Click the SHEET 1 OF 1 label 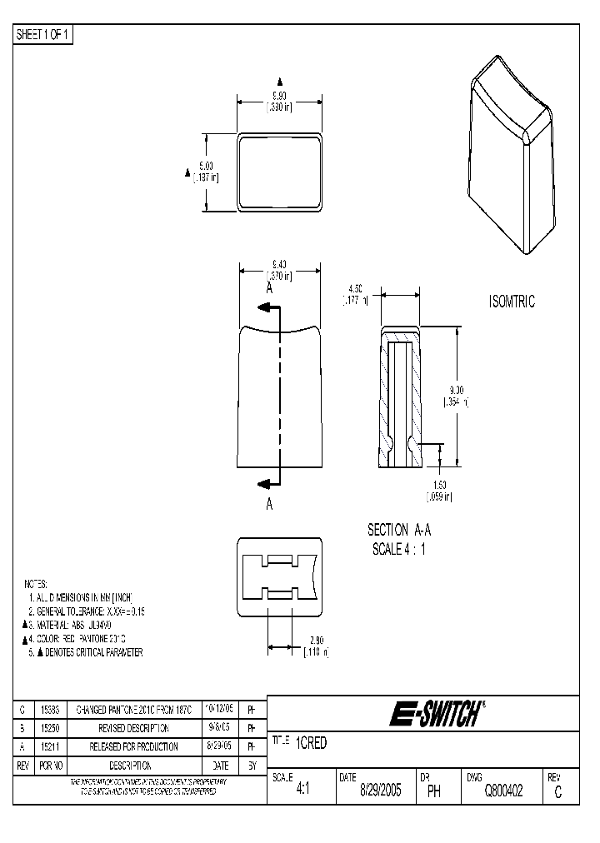pos(44,35)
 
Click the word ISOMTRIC pos(512,302)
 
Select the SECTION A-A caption pos(398,530)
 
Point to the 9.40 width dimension pos(278,265)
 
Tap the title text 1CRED pos(311,744)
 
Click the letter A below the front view pos(270,504)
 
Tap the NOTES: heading pos(36,584)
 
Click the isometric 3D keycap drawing pos(512,155)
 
